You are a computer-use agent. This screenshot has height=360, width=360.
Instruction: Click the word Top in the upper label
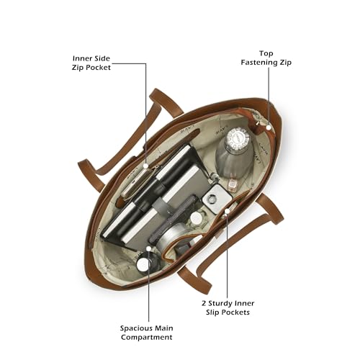point(266,53)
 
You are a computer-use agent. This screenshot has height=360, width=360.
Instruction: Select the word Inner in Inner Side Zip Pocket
point(81,58)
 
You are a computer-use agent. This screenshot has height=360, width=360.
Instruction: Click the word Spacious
point(135,328)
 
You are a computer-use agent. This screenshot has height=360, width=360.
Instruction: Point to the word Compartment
point(146,337)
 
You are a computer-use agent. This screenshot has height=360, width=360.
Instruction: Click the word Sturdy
point(221,303)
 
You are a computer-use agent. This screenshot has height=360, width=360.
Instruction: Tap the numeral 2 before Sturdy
point(204,303)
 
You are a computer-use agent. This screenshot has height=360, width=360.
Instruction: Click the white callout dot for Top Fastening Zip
point(269,127)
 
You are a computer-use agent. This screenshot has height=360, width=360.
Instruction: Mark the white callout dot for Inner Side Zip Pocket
point(145,166)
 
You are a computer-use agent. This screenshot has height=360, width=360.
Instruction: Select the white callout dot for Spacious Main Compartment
point(149,248)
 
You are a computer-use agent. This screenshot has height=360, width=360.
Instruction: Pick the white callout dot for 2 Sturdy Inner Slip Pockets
point(227,211)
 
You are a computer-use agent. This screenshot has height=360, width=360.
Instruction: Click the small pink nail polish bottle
point(232,186)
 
